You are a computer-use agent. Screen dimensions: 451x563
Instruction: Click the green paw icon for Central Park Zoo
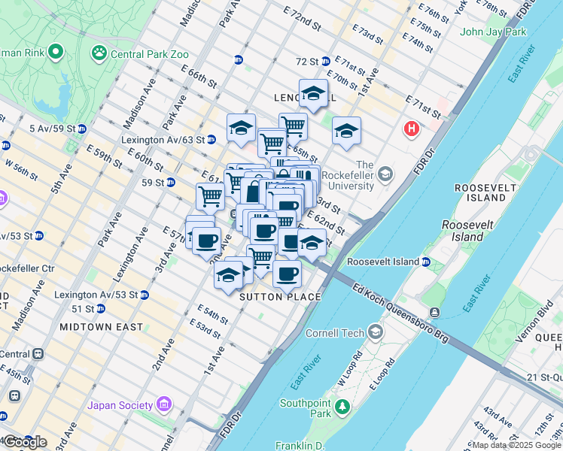(x=99, y=53)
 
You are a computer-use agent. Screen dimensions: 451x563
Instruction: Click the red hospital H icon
(x=411, y=129)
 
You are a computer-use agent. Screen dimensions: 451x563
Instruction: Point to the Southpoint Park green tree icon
(x=342, y=407)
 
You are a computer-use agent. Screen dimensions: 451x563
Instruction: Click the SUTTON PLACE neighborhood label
(x=280, y=297)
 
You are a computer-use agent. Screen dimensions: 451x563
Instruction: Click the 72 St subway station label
(x=307, y=61)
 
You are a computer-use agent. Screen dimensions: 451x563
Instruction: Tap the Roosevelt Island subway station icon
(x=425, y=262)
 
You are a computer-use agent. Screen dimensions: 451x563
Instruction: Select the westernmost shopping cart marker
(x=210, y=196)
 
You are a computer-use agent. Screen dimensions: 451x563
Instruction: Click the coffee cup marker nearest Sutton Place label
(x=287, y=274)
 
